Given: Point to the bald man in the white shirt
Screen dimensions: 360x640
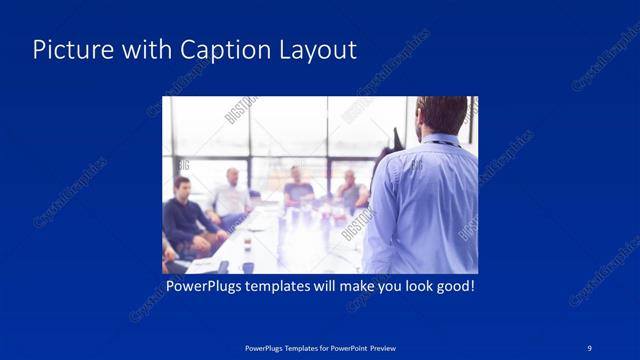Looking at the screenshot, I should point(231,194).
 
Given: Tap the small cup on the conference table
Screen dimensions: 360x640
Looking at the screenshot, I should point(246,244).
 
